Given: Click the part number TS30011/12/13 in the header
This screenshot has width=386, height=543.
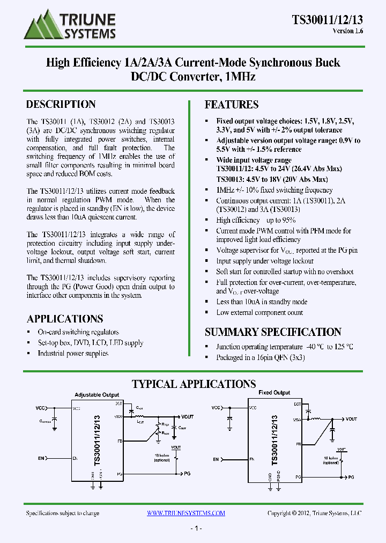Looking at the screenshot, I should click(327, 19).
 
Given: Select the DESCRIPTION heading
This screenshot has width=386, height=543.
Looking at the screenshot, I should click(61, 105).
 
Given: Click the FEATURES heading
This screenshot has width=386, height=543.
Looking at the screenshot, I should click(232, 105).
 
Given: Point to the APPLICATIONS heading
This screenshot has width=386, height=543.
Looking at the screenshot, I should click(65, 319).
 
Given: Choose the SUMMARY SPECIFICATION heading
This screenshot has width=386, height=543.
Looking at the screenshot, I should click(273, 332).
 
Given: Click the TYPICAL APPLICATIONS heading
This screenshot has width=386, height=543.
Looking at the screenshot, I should click(194, 384).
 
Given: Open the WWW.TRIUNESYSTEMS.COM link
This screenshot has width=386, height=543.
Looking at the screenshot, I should click(186, 513).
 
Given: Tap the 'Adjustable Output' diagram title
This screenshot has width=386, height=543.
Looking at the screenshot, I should click(97, 394).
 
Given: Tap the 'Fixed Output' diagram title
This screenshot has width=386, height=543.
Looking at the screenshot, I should click(274, 393).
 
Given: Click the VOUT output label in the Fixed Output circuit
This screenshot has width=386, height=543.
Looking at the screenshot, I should click(352, 419).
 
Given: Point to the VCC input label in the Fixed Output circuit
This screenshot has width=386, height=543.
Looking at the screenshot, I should click(216, 408).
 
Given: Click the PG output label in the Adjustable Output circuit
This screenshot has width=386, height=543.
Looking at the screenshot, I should click(187, 474).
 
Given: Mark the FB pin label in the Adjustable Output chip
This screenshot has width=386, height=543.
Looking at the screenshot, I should click(120, 441).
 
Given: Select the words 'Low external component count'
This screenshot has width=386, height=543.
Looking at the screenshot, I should click(259, 313).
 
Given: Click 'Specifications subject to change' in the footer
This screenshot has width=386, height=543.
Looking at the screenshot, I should click(63, 513).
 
